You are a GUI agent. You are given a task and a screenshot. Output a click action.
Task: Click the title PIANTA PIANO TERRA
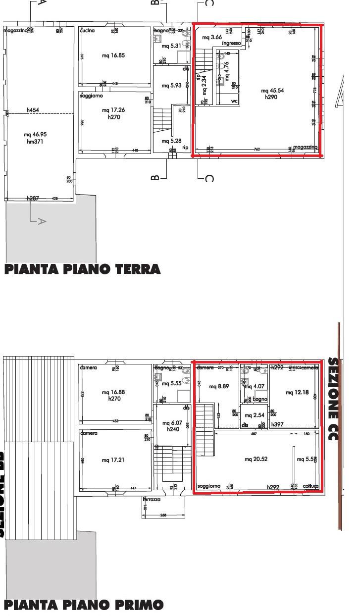(x=82, y=269)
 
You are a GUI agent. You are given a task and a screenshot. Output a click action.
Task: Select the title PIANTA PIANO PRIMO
(x=83, y=605)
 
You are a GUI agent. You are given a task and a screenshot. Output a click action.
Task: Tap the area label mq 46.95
(x=39, y=134)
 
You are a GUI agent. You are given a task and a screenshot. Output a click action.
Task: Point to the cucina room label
(x=87, y=31)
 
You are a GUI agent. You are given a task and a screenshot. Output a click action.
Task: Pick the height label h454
(x=33, y=110)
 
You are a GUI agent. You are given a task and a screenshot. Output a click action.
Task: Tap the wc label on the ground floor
(x=235, y=101)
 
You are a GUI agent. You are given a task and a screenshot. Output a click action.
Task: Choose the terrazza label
(x=152, y=500)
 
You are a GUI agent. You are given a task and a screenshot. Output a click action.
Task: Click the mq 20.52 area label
(x=256, y=459)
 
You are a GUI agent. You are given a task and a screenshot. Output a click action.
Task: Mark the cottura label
(x=310, y=486)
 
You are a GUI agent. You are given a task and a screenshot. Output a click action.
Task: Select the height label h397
(x=277, y=424)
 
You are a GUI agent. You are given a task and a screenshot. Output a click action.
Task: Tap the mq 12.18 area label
(x=298, y=392)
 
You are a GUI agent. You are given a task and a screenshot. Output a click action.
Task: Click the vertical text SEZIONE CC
(x=333, y=402)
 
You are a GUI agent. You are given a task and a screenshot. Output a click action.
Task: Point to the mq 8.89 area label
(x=220, y=386)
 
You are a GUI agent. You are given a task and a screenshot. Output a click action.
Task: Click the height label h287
(x=33, y=198)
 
